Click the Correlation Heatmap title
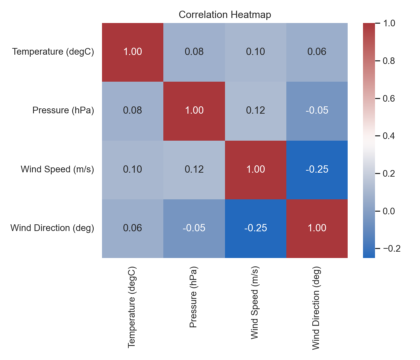pyautogui.click(x=225, y=15)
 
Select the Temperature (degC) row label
pyautogui.click(x=53, y=52)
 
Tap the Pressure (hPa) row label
pyautogui.click(x=63, y=110)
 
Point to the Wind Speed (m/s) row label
pyautogui.click(x=57, y=169)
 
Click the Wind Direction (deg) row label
pyautogui.click(x=52, y=228)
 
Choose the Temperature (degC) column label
pyautogui.click(x=132, y=307)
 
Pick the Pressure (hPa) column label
pyautogui.click(x=193, y=297)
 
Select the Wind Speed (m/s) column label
pyautogui.click(x=255, y=303)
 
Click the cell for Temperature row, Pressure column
pyautogui.click(x=194, y=52)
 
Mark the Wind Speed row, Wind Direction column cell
pyautogui.click(x=317, y=170)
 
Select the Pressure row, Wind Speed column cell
pyautogui.click(x=255, y=111)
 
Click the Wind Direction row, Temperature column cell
pyautogui.click(x=133, y=228)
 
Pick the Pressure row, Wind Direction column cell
pyautogui.click(x=317, y=111)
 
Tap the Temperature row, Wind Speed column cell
pyautogui.click(x=255, y=52)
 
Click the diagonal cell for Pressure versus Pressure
pyautogui.click(x=194, y=111)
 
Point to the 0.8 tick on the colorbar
pyautogui.click(x=377, y=61)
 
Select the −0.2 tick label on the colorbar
pyautogui.click(x=392, y=249)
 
